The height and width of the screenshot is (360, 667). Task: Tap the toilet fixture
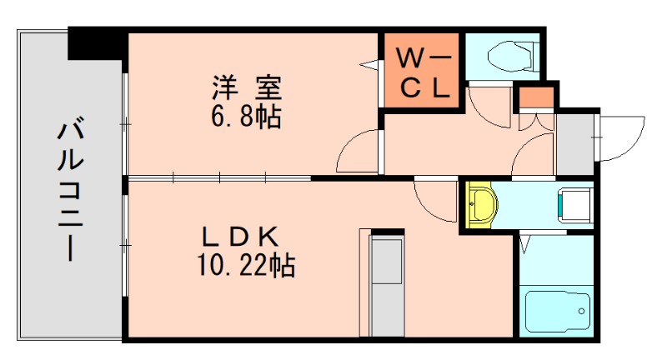tap(507, 56)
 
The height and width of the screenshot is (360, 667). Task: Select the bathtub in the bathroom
tap(557, 312)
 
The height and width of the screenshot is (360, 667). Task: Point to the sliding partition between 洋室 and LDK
tap(218, 177)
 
